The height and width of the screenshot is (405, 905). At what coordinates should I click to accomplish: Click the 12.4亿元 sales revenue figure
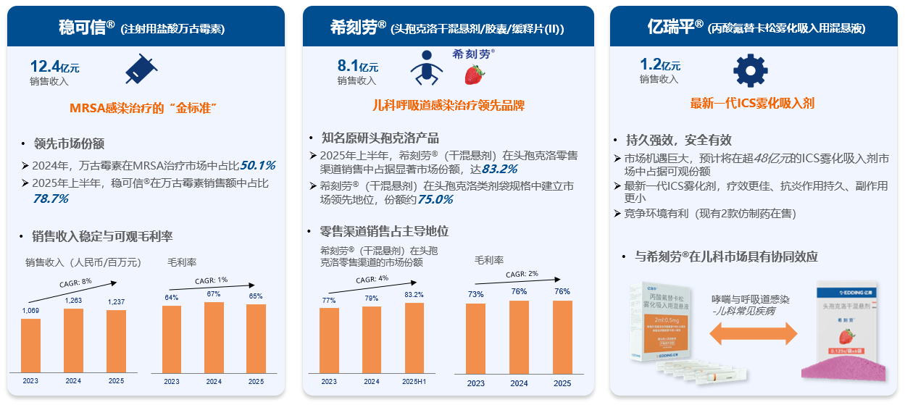point(54,67)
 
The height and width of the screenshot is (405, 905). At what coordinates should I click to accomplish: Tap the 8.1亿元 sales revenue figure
point(357,67)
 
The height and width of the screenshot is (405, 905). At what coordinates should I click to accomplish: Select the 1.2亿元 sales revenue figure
point(659,65)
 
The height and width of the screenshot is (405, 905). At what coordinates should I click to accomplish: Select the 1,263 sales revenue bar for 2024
point(73,341)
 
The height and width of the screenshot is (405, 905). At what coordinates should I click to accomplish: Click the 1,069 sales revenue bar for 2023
point(30,346)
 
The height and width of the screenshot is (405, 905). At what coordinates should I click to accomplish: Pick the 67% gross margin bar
point(214,337)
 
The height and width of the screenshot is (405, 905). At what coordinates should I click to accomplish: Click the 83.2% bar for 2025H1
point(414,338)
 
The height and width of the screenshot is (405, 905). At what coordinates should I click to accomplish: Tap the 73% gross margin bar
point(475,338)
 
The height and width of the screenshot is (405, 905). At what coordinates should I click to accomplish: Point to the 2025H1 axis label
point(414,382)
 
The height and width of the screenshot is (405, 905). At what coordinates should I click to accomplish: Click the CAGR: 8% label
point(75,283)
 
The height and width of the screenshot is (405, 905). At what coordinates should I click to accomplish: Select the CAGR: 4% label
point(372,279)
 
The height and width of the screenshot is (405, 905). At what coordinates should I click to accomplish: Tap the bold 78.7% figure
point(51,198)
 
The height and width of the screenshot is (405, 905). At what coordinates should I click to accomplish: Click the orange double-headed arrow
point(753,333)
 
